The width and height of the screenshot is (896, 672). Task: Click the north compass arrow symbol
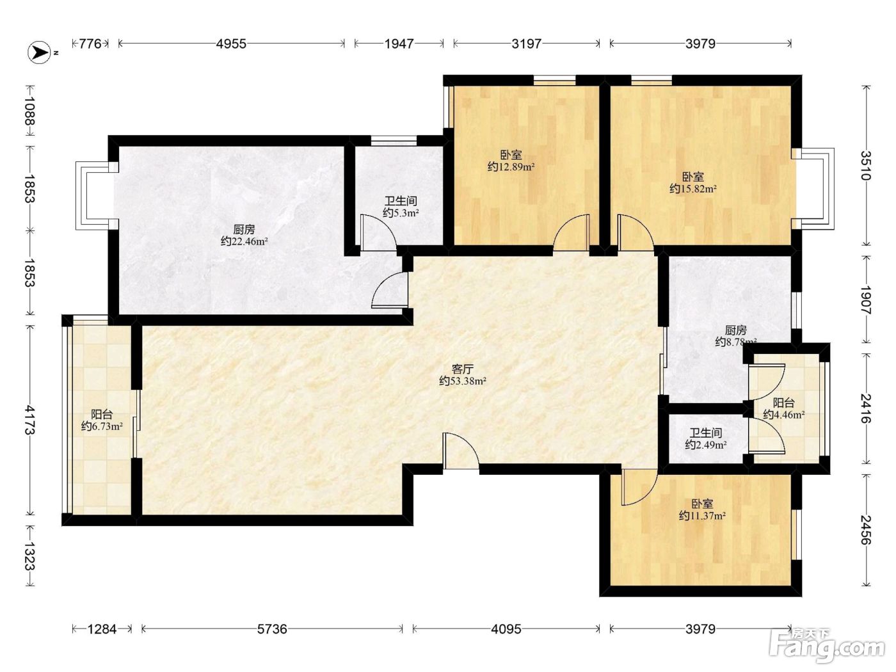pyautogui.click(x=39, y=52)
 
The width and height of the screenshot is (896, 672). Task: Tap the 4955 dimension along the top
pyautogui.click(x=231, y=44)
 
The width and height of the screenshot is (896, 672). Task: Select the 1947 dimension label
pyautogui.click(x=399, y=44)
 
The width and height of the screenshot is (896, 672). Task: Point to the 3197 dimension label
pyautogui.click(x=527, y=44)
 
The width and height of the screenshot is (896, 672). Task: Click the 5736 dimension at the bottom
pyautogui.click(x=272, y=628)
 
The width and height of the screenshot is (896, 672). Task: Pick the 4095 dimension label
pyautogui.click(x=506, y=628)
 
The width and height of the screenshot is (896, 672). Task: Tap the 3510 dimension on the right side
pyautogui.click(x=866, y=165)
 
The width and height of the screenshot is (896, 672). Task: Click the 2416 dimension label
pyautogui.click(x=866, y=408)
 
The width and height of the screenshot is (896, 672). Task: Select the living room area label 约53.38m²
pyautogui.click(x=463, y=381)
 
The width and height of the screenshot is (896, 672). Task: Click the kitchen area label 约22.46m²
pyautogui.click(x=244, y=241)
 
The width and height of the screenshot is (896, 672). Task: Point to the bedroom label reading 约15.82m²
pyautogui.click(x=693, y=189)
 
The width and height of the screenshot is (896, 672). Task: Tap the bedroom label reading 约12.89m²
pyautogui.click(x=511, y=166)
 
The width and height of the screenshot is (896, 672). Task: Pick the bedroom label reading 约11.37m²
pyautogui.click(x=702, y=516)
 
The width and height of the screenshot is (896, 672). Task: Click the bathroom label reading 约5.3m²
pyautogui.click(x=401, y=212)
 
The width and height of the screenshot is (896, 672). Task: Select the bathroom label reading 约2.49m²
pyautogui.click(x=706, y=444)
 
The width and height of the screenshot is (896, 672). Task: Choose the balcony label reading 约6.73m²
pyautogui.click(x=102, y=426)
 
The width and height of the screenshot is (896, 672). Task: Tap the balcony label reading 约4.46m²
pyautogui.click(x=784, y=415)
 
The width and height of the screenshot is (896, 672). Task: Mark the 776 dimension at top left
pyautogui.click(x=90, y=44)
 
